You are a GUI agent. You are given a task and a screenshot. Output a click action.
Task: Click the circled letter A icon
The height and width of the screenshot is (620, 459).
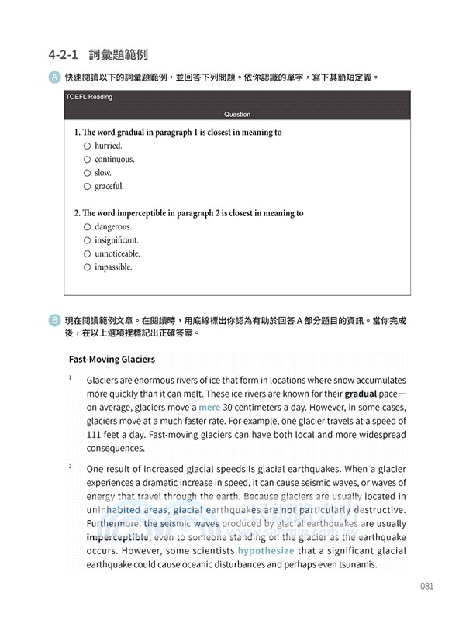pos(53,77)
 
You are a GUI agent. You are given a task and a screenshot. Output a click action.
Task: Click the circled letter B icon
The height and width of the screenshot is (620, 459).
pos(53,319)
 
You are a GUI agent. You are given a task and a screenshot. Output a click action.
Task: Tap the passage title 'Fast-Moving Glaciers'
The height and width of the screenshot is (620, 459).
pos(112,360)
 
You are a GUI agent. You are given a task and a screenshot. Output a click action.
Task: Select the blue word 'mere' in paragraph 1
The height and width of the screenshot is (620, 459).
pos(209,407)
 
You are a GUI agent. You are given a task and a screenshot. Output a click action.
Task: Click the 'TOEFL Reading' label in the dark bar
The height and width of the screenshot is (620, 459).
pos(90,98)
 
